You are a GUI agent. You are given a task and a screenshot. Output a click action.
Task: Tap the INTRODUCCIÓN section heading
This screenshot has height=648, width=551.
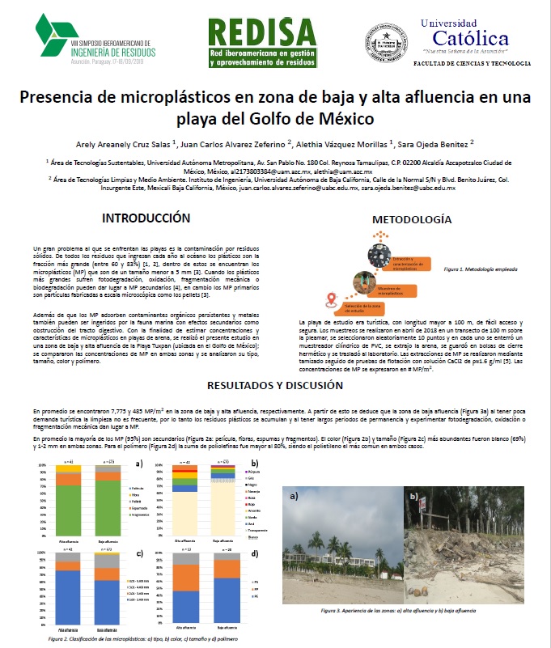pyautogui.click(x=151, y=218)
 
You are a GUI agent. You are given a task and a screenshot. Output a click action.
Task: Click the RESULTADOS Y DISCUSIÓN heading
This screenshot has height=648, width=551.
pyautogui.click(x=275, y=385)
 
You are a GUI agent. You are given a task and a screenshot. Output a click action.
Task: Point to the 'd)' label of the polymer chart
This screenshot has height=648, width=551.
pyautogui.click(x=254, y=553)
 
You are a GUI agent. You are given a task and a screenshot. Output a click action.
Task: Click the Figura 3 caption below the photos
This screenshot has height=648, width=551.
pyautogui.click(x=413, y=611)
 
